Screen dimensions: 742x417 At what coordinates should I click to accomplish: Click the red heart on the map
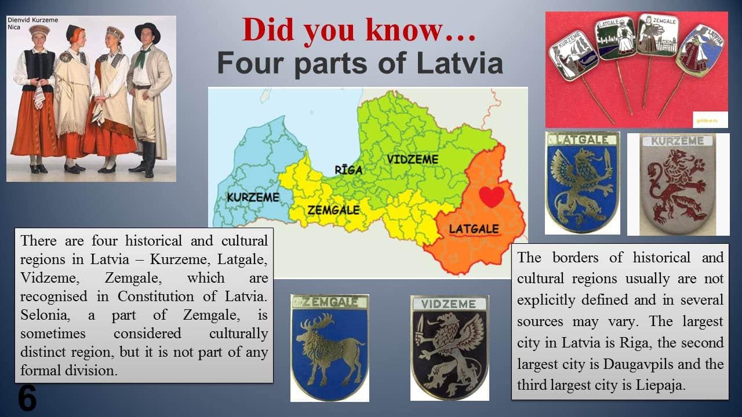click(x=492, y=196)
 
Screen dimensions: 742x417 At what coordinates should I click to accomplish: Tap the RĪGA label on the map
click(x=348, y=170)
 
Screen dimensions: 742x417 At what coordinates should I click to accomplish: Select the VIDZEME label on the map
click(x=413, y=159)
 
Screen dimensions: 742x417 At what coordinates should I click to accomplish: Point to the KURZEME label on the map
click(x=253, y=197)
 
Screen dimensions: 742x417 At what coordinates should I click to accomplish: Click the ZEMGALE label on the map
click(x=333, y=210)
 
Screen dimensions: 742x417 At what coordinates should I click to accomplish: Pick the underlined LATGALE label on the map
click(x=474, y=229)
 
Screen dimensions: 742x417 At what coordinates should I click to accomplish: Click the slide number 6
click(x=27, y=398)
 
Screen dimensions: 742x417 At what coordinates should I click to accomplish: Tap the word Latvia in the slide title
click(x=460, y=63)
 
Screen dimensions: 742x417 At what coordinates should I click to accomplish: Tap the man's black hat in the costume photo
click(x=147, y=32)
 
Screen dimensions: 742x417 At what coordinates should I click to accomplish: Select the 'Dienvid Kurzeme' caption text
click(x=33, y=20)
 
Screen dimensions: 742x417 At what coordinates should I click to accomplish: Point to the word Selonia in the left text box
click(x=45, y=314)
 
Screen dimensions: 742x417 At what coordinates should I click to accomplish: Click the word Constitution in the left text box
click(x=156, y=296)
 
